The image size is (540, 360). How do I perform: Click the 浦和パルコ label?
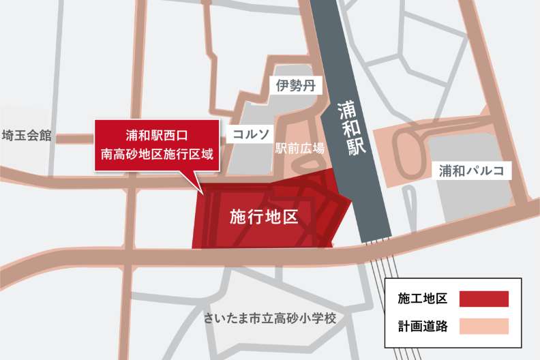click(472, 170)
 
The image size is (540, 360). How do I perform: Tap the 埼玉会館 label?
click(27, 135)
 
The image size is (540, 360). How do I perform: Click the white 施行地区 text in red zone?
click(264, 217)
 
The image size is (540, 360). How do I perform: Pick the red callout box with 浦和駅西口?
click(157, 145)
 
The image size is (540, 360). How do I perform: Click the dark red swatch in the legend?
click(484, 299)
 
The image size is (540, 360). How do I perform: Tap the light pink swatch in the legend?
click(484, 326)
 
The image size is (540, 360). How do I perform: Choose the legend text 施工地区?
click(423, 299)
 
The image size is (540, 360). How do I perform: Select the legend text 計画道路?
click(423, 326)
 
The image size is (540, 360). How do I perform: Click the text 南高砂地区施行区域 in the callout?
click(157, 154)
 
